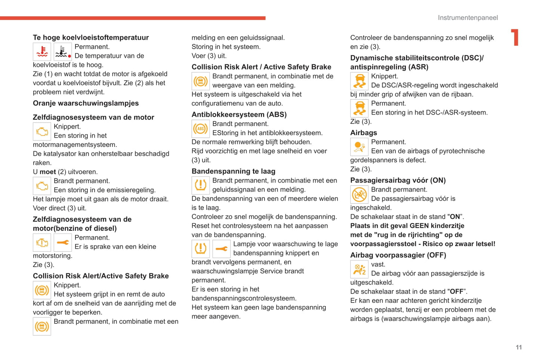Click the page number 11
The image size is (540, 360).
(x=519, y=347)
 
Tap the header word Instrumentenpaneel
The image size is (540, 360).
(x=468, y=18)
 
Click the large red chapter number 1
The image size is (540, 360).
(x=515, y=37)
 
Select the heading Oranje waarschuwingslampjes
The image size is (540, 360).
(x=86, y=103)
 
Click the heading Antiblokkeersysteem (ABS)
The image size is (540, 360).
(x=239, y=114)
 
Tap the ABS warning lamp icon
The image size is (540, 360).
(x=200, y=129)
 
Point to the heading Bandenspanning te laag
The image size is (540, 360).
(x=233, y=171)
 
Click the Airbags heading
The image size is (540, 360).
(x=363, y=133)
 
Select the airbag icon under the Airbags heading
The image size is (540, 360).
(x=359, y=147)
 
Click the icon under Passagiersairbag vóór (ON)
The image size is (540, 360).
(x=359, y=195)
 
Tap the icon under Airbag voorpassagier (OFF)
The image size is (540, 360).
(x=359, y=269)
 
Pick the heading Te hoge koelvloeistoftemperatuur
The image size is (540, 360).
(x=91, y=37)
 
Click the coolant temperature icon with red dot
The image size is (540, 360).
(x=63, y=52)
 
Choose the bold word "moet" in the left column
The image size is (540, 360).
(x=48, y=172)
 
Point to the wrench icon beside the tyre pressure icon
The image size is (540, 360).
(x=221, y=249)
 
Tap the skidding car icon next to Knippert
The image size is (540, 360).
(x=359, y=81)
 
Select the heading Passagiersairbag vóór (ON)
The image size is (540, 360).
(x=398, y=180)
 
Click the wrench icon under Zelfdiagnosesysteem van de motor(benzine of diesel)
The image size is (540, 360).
(x=63, y=242)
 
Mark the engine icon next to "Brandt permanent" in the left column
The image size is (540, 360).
(x=42, y=186)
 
